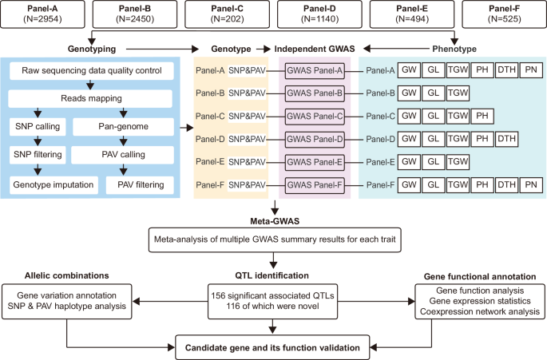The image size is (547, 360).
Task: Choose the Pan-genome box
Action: click(121, 127)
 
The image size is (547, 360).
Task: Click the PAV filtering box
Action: click(139, 185)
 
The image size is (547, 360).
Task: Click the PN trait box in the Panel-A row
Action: click(532, 71)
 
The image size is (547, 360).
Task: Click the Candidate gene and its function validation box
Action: click(273, 346)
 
